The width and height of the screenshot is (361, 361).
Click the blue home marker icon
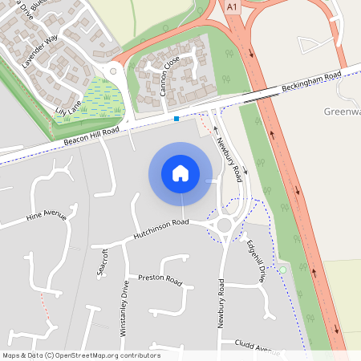pos(180,173)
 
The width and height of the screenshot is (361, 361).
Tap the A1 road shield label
pos(232,6)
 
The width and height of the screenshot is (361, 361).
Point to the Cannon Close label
pos(169,78)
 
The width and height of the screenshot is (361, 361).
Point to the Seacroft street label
pos(102,262)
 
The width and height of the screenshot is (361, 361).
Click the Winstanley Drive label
pos(124,304)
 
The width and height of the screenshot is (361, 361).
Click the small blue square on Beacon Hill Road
pos(176,119)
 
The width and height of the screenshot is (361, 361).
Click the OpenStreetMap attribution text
pos(81,355)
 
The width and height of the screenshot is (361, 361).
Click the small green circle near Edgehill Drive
pos(282,270)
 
